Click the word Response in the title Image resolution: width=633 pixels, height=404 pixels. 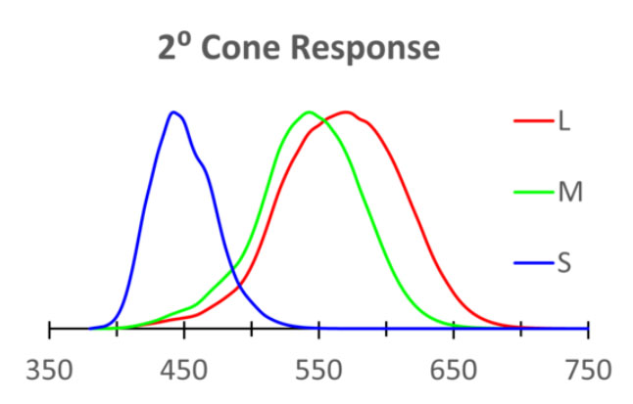359,48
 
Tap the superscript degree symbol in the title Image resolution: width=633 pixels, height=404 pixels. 183,39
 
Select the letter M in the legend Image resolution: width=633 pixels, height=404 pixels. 569,192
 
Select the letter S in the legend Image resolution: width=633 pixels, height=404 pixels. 563,262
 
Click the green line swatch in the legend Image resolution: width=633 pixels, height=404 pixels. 534,192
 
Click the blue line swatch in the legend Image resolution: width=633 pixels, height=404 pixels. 534,262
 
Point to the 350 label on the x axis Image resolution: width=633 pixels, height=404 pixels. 49,372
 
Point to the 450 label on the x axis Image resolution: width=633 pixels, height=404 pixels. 183,372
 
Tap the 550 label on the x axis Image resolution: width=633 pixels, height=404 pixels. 318,372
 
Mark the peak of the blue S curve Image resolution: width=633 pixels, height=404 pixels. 173,112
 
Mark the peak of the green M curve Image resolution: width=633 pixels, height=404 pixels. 309,112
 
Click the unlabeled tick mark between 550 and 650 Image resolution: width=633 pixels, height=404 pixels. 386,329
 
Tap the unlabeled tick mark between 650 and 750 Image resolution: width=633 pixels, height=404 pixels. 520,329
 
